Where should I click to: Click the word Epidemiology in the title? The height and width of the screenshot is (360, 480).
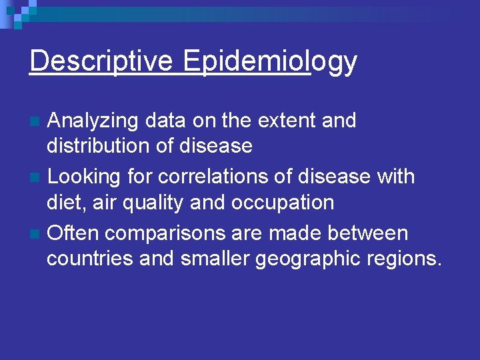[270, 61]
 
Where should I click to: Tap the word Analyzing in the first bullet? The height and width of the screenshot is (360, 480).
[94, 121]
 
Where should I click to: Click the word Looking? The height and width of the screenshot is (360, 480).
[83, 177]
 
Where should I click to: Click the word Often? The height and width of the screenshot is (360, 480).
[73, 233]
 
